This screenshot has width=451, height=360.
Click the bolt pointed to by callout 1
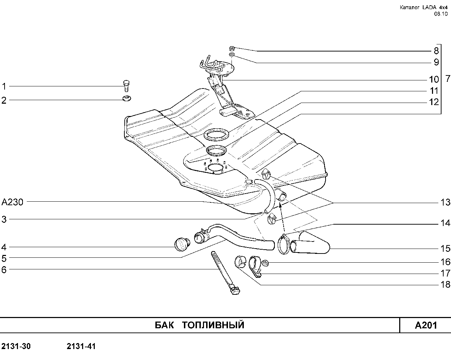pyautogui.click(x=126, y=86)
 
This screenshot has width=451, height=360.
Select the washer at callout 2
pyautogui.click(x=126, y=98)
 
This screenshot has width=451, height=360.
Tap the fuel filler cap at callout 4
pyautogui.click(x=182, y=244)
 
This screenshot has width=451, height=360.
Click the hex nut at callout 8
pyautogui.click(x=232, y=49)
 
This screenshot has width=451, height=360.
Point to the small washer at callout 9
pyautogui.click(x=232, y=55)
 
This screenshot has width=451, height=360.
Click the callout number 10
pyautogui.click(x=434, y=80)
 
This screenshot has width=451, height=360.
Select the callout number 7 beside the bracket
pyautogui.click(x=447, y=79)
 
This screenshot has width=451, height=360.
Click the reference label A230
pyautogui.click(x=12, y=202)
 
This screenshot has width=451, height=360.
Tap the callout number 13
pyautogui.click(x=445, y=202)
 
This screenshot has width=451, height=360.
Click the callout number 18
pyautogui.click(x=445, y=285)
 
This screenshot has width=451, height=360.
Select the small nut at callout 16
pyautogui.click(x=265, y=263)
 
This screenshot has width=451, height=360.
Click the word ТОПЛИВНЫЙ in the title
pyautogui.click(x=213, y=325)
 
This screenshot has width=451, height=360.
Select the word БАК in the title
pyautogui.click(x=164, y=325)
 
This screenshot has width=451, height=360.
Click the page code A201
pyautogui.click(x=426, y=325)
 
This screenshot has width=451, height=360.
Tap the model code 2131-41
pyautogui.click(x=81, y=346)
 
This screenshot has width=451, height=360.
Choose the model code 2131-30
pyautogui.click(x=16, y=346)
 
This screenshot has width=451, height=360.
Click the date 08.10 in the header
pyautogui.click(x=441, y=14)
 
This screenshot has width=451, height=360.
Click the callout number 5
pyautogui.click(x=4, y=258)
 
